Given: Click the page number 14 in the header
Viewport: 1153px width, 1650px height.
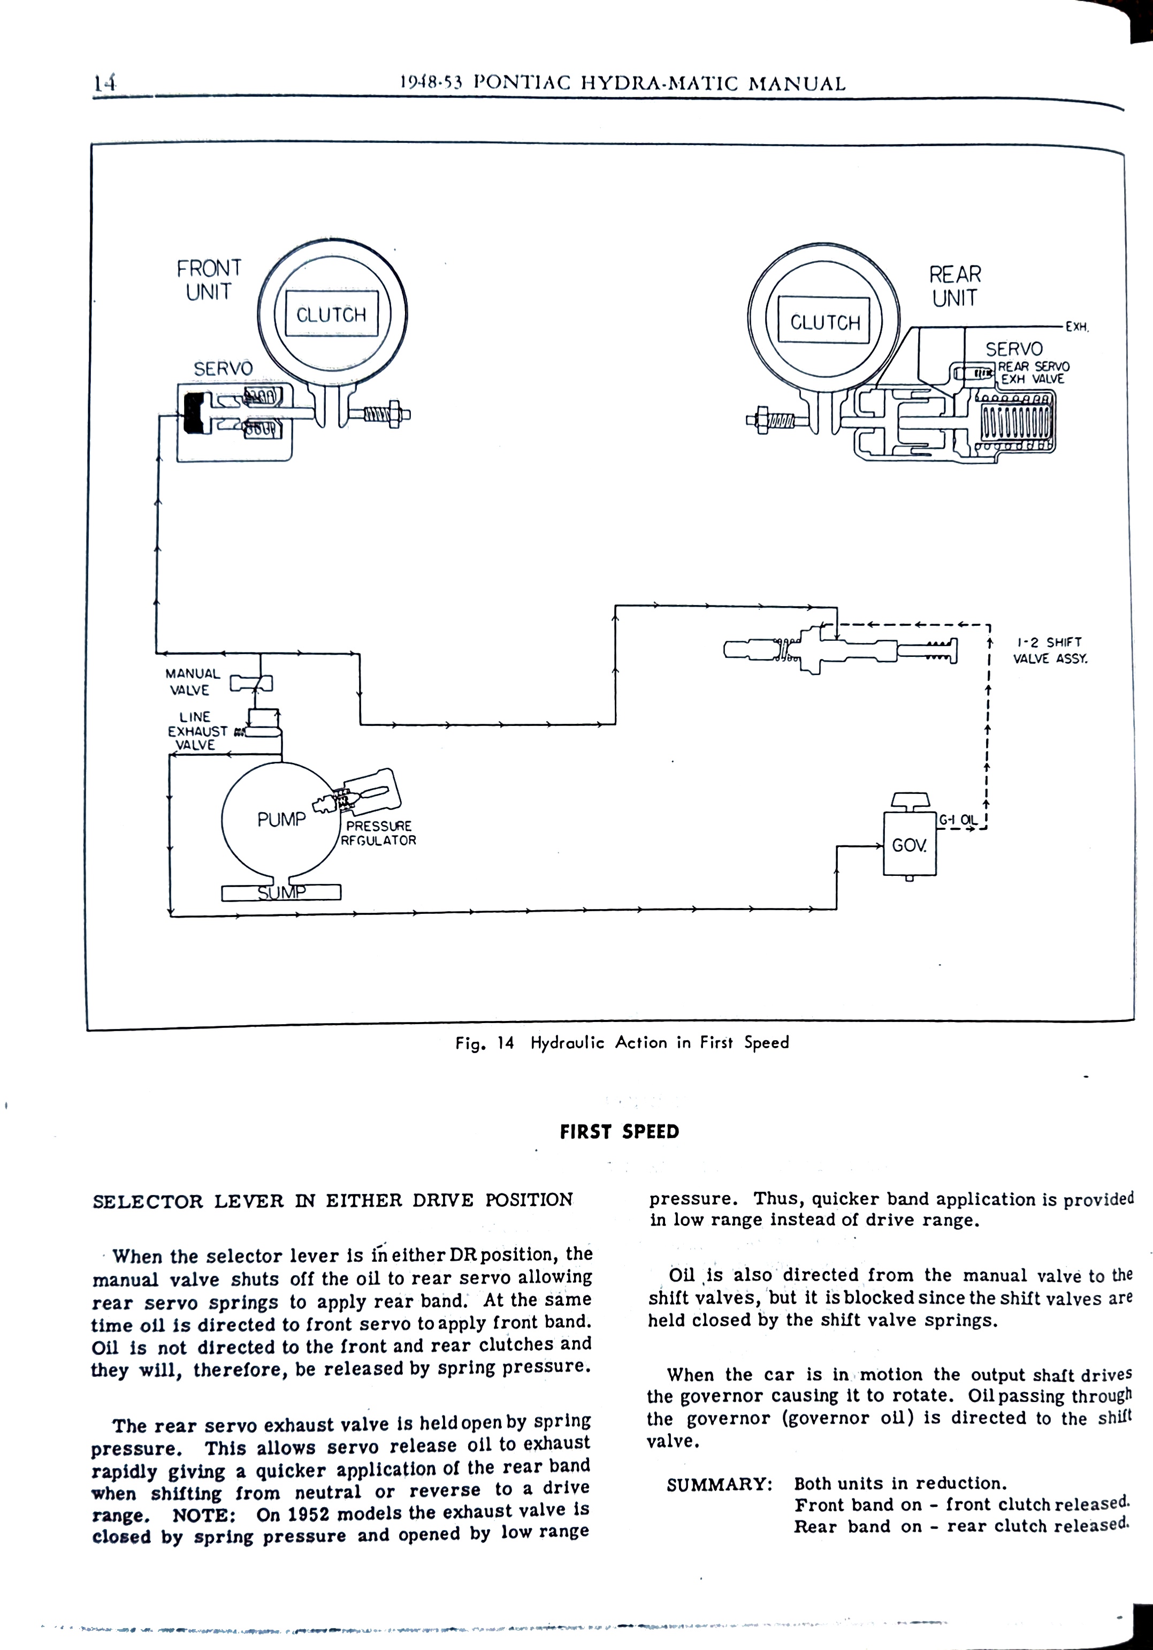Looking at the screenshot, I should pos(105,84).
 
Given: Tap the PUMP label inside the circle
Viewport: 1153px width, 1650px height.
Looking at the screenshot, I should pos(281,819).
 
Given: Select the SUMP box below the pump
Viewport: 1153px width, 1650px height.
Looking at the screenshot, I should pos(281,892).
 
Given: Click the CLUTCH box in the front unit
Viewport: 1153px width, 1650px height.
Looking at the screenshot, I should pos(331,314).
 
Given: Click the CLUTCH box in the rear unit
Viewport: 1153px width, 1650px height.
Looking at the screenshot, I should pos(824,322).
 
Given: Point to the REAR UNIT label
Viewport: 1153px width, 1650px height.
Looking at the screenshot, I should pos(955,285).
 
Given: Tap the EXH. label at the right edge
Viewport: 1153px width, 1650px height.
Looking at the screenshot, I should pos(1077,327).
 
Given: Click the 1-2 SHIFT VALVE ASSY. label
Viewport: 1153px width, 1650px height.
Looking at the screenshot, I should pos(1050,649).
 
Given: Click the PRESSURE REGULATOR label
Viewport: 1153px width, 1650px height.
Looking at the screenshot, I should pos(379,833).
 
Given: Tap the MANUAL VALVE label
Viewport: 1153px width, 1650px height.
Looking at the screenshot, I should pos(191,682).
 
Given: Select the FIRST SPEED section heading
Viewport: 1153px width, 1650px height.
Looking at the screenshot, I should pos(619,1132).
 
